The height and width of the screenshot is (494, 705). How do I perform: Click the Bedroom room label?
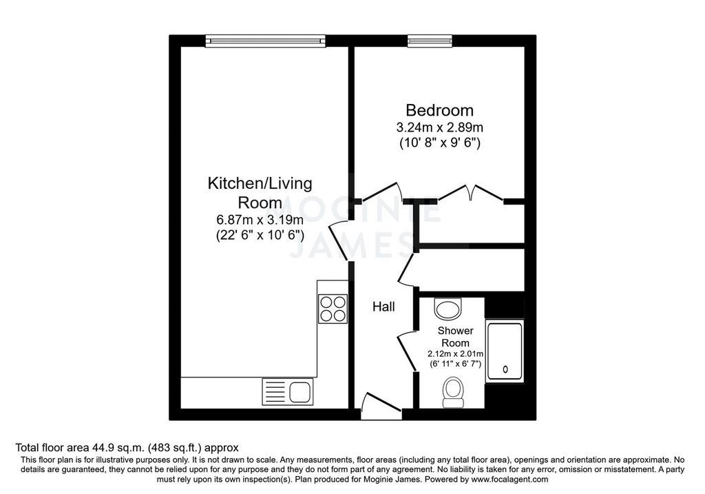(439, 110)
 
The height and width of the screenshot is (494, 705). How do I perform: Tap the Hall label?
(383, 307)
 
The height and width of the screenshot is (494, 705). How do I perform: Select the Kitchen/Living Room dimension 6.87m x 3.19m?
(260, 220)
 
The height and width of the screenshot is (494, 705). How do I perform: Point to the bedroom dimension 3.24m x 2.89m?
(439, 127)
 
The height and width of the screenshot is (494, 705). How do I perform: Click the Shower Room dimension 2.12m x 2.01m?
(456, 353)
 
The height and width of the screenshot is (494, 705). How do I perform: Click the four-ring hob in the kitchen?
(333, 309)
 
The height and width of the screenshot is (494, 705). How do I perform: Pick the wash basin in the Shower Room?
(448, 308)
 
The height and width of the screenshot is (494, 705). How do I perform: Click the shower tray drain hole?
(505, 369)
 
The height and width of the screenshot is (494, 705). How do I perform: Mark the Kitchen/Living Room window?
(265, 41)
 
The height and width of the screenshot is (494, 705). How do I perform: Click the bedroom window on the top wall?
(430, 41)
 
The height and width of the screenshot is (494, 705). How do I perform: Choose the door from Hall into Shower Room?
(406, 350)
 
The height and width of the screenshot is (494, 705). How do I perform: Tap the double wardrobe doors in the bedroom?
(471, 192)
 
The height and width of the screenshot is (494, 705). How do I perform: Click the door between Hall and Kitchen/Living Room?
(339, 240)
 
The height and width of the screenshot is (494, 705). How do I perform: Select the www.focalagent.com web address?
(510, 480)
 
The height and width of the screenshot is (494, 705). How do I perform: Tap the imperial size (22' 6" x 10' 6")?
(260, 236)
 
